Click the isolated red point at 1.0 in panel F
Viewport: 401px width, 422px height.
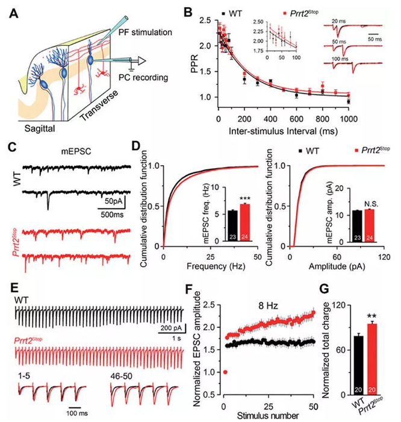(225, 372)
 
